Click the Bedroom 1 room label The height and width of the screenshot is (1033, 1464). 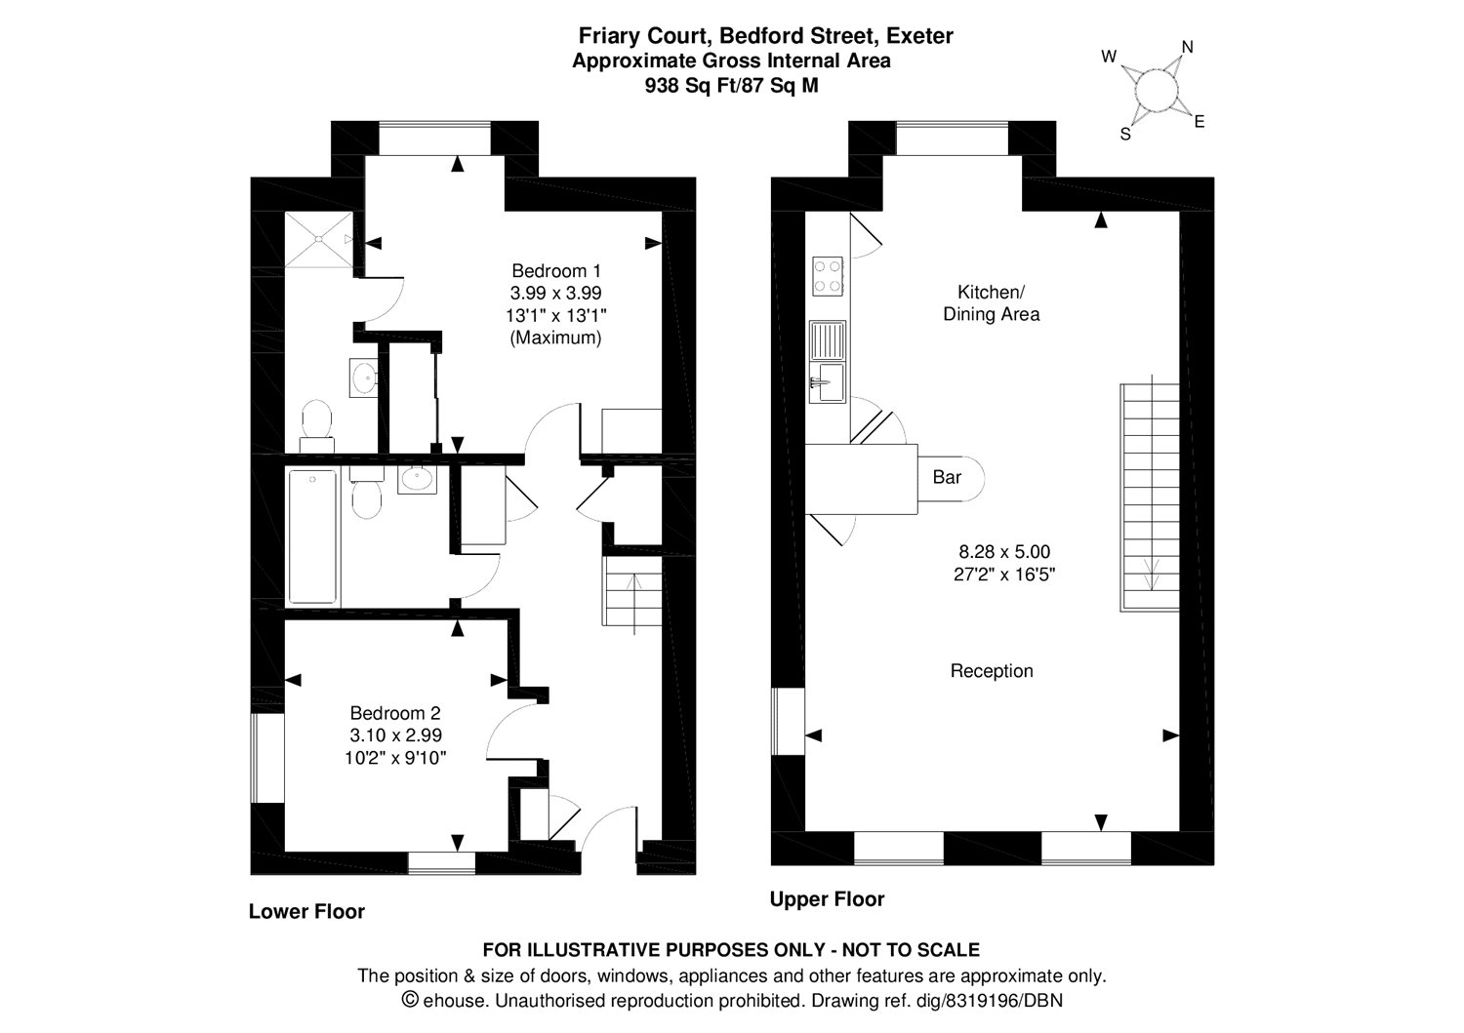pyautogui.click(x=556, y=271)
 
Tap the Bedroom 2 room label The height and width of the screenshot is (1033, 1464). pyautogui.click(x=395, y=713)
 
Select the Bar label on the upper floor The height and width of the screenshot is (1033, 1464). pyautogui.click(x=947, y=477)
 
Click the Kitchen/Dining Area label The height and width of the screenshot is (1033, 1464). pyautogui.click(x=991, y=302)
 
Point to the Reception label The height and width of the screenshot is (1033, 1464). pyautogui.click(x=992, y=671)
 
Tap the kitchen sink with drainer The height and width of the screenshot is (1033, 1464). pyautogui.click(x=828, y=361)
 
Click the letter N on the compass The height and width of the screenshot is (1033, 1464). pyautogui.click(x=1188, y=47)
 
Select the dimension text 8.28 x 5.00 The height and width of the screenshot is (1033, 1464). pyautogui.click(x=1004, y=552)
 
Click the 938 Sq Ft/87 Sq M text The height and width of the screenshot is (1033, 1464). pyautogui.click(x=731, y=85)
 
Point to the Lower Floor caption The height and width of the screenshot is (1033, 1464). pyautogui.click(x=306, y=912)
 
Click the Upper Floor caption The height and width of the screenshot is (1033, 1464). pyautogui.click(x=827, y=899)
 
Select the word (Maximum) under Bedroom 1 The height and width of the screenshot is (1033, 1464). pyautogui.click(x=555, y=338)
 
